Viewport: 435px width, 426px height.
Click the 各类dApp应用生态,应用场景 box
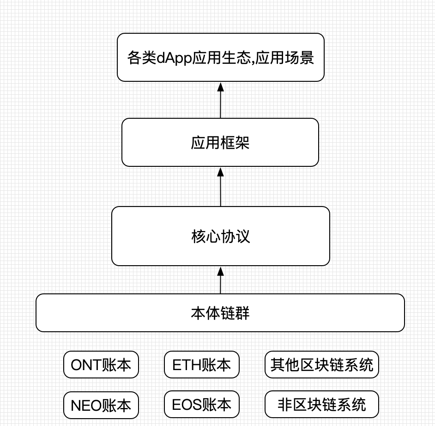[x=221, y=57]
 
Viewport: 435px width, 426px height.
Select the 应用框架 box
[x=220, y=142]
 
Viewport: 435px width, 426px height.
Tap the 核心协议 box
[x=221, y=236]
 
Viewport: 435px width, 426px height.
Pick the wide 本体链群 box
[x=220, y=313]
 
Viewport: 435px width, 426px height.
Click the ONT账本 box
[x=101, y=365]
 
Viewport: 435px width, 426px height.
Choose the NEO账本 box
[x=101, y=405]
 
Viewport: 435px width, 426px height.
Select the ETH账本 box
[x=202, y=365]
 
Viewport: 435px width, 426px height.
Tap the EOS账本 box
[x=202, y=404]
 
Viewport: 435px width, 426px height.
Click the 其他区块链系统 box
[x=322, y=365]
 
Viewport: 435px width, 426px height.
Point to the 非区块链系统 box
[x=322, y=404]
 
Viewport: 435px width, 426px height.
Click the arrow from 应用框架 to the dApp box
[x=221, y=100]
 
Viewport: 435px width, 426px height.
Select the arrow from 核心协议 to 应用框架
[x=221, y=187]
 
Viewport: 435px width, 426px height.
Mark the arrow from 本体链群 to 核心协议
[x=221, y=280]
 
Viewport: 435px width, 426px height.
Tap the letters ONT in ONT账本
[x=86, y=365]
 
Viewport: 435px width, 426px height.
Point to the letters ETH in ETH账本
[x=187, y=365]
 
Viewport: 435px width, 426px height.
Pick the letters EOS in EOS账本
[x=187, y=405]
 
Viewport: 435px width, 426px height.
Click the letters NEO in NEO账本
[x=86, y=406]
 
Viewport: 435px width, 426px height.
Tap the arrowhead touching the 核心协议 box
[x=221, y=271]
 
